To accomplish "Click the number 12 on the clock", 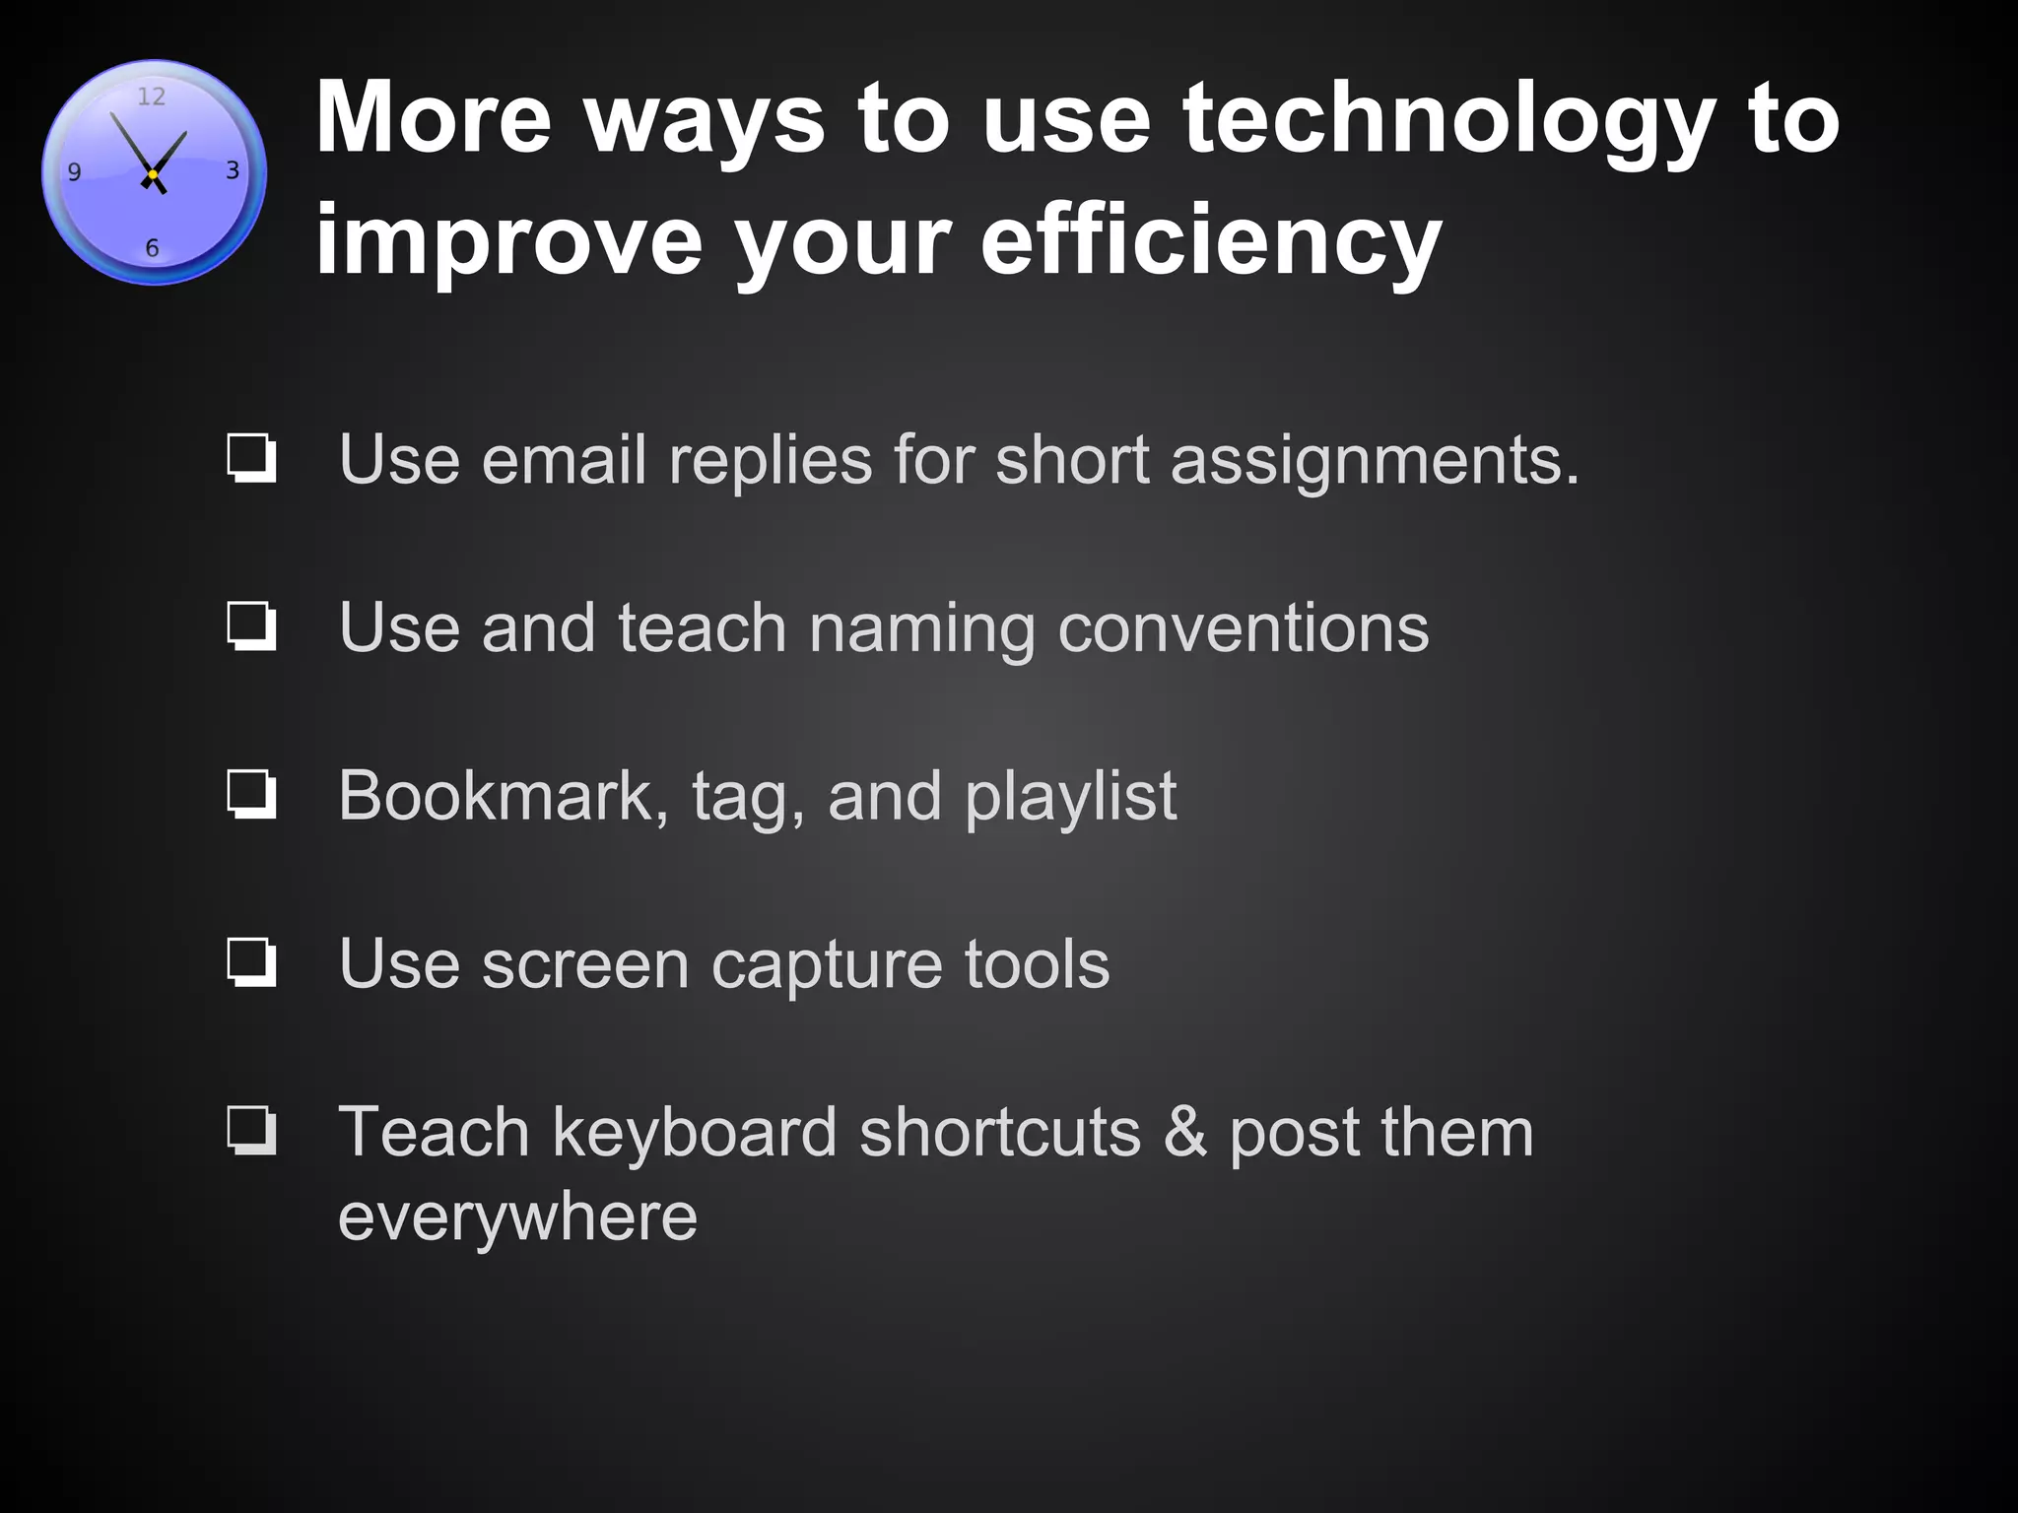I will (x=151, y=97).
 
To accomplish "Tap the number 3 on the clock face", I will (x=233, y=170).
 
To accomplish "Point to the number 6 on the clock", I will (x=152, y=248).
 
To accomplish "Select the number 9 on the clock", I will (x=74, y=172).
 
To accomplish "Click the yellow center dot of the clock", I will (x=153, y=174).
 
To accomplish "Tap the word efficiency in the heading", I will (x=1210, y=241).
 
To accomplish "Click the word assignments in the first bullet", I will (x=1375, y=461).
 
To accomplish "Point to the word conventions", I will (x=1243, y=627).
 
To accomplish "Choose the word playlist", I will (x=1070, y=797).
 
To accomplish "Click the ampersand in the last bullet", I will (x=1184, y=1132).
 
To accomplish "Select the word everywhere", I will (x=517, y=1217).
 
